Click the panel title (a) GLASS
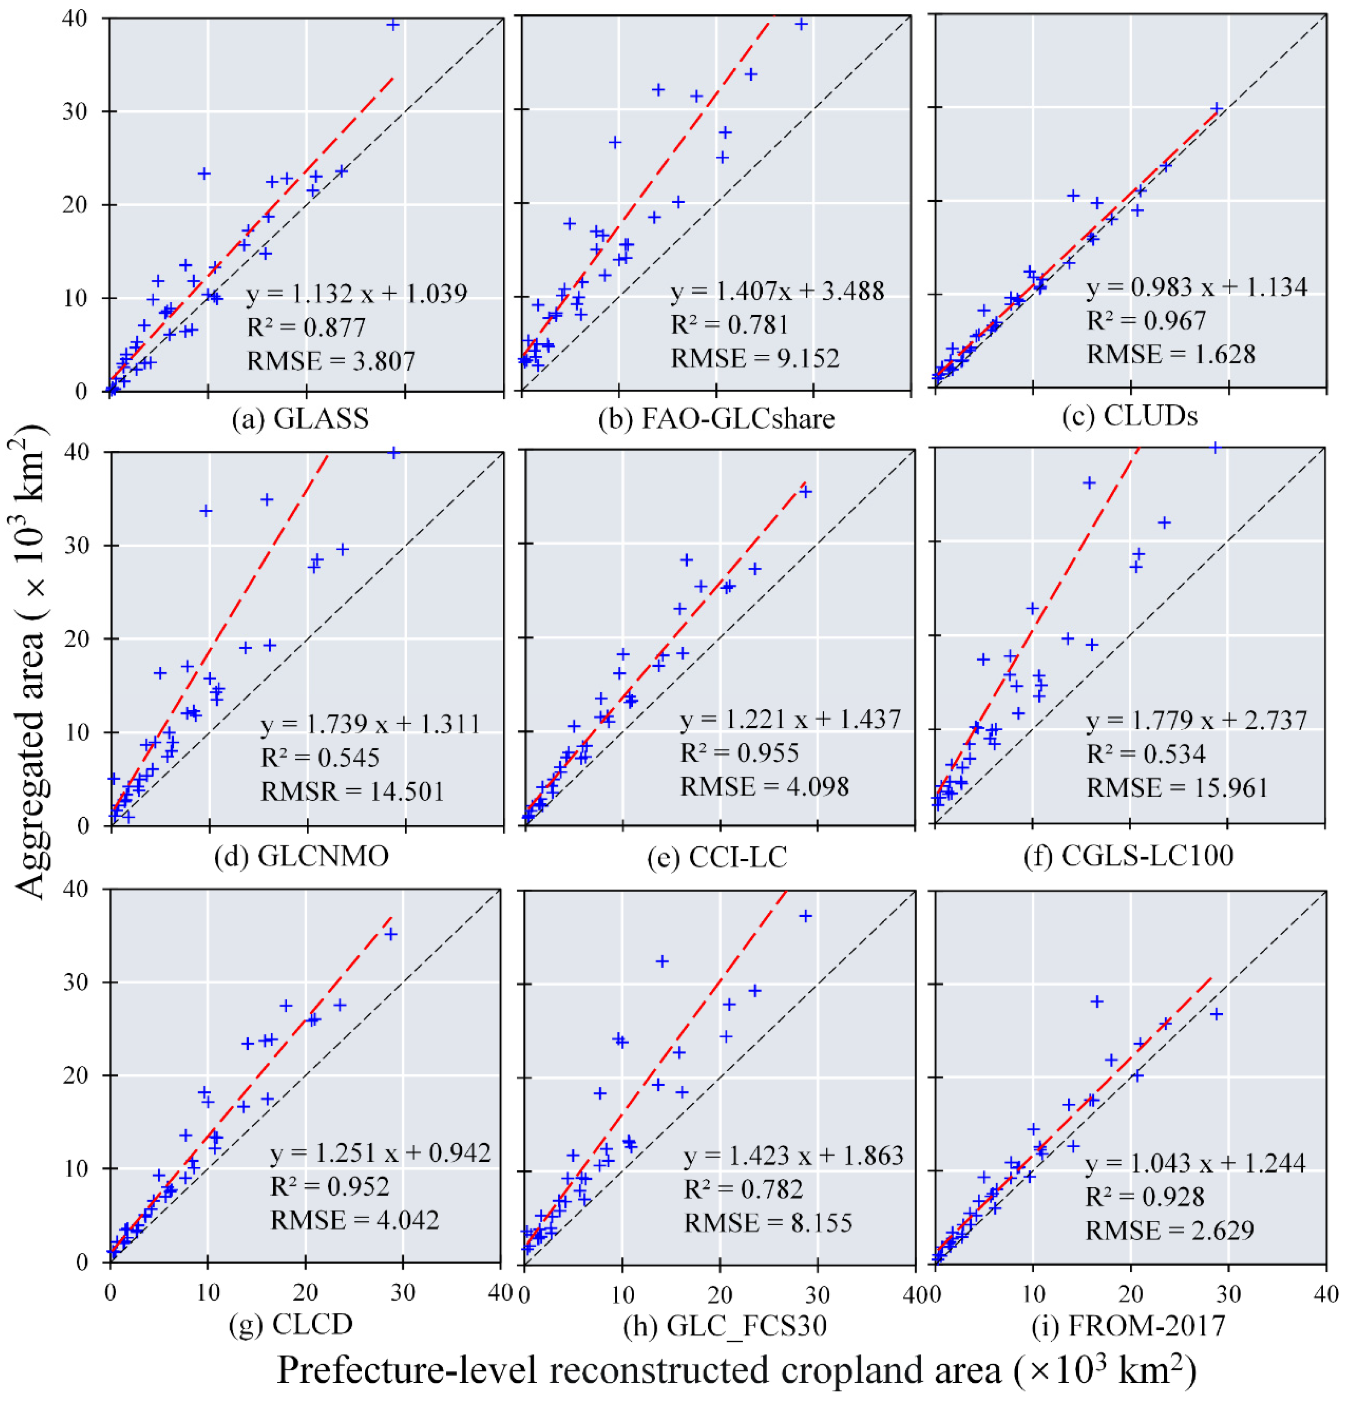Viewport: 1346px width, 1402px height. click(301, 418)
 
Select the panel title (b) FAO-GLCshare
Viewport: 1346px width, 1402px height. click(716, 418)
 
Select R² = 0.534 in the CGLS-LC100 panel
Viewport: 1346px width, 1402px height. click(1145, 754)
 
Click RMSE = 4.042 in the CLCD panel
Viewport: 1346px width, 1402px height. click(354, 1219)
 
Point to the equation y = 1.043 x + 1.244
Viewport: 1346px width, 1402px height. click(1195, 1164)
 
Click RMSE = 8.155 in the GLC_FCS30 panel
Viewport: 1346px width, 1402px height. click(768, 1223)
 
